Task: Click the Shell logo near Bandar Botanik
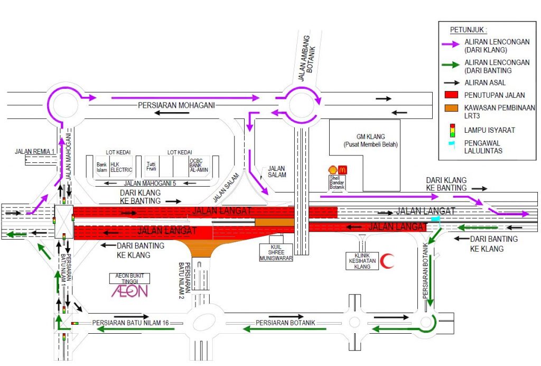coord(333,170)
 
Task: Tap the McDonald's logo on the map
coord(342,170)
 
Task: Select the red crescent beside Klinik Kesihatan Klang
coord(387,261)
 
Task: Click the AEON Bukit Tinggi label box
coord(130,278)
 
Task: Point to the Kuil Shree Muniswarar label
coord(276,252)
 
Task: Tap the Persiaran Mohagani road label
coord(176,105)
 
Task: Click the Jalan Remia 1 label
coord(34,152)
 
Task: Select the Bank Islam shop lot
coord(102,167)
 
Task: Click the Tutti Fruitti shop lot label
coord(151,166)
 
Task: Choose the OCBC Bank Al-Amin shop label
coord(199,166)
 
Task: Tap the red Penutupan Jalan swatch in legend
coord(451,95)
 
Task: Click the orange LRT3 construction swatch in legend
coord(451,108)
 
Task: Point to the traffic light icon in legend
coord(452,131)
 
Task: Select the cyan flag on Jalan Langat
coord(436,219)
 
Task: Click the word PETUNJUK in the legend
coord(467,30)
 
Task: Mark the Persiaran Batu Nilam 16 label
coord(130,323)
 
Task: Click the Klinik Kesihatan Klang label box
coord(362,261)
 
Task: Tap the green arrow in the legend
coord(451,65)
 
